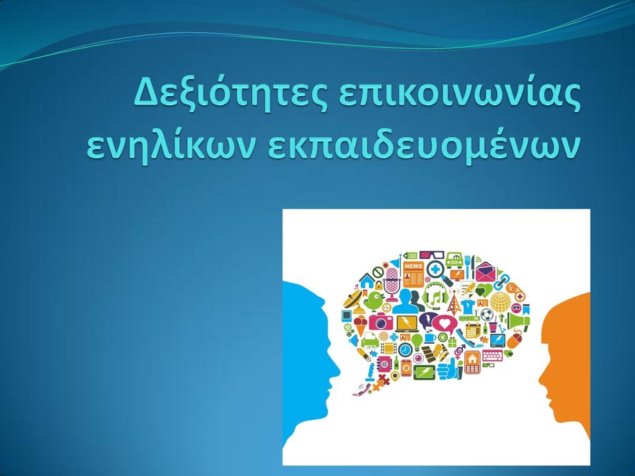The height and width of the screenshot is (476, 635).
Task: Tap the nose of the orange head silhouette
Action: (x=541, y=378)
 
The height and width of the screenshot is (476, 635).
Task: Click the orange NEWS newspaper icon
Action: (x=413, y=274)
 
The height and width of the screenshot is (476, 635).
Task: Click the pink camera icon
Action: (x=381, y=321)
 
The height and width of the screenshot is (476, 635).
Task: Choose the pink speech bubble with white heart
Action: (x=444, y=325)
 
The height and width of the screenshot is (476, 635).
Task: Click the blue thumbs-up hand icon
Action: (x=448, y=370)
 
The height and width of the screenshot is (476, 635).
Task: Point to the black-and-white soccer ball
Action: (x=487, y=314)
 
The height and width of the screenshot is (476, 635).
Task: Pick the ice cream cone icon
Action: (x=360, y=326)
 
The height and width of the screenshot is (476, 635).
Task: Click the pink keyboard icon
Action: (x=492, y=356)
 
